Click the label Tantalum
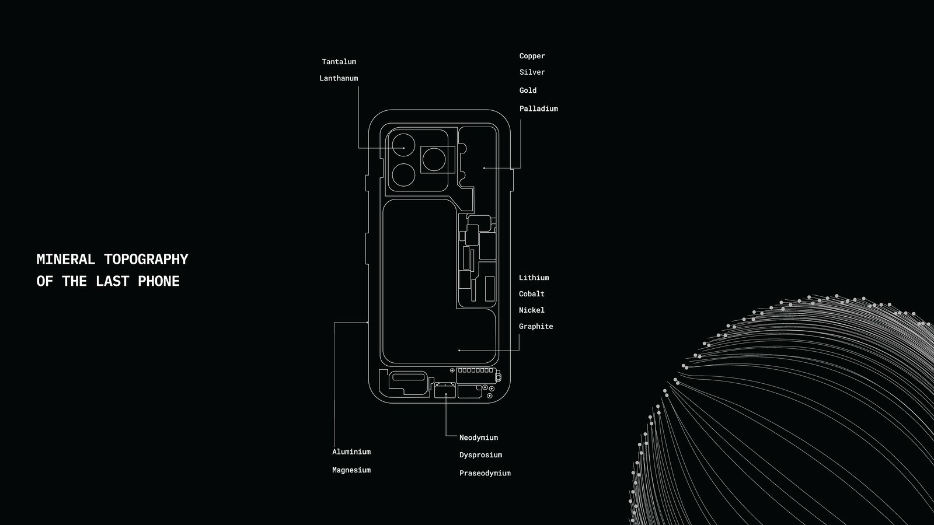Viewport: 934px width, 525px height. [x=339, y=62]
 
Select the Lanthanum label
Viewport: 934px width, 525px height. [x=339, y=78]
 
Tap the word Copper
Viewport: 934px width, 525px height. [x=532, y=56]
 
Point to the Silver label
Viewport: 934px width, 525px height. [x=532, y=72]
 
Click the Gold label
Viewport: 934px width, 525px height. [x=528, y=90]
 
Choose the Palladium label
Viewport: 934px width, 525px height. [x=538, y=108]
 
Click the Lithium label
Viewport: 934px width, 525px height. [x=534, y=278]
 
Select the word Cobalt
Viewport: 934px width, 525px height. [x=531, y=294]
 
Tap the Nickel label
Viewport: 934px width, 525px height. [x=531, y=310]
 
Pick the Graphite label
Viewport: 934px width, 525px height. [x=535, y=327]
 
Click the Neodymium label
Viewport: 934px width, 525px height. [x=478, y=437]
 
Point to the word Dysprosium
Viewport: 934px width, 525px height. [x=480, y=455]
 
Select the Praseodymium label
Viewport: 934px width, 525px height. [x=485, y=473]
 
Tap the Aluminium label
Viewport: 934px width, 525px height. [x=351, y=452]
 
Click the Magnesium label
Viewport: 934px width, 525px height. [x=351, y=470]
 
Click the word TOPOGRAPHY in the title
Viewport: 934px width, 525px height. [x=146, y=260]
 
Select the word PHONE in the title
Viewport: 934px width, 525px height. [x=159, y=281]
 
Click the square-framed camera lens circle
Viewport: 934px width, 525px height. [x=434, y=160]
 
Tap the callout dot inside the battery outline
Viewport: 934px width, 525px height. [x=459, y=351]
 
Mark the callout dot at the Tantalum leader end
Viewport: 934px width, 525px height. [x=403, y=148]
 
